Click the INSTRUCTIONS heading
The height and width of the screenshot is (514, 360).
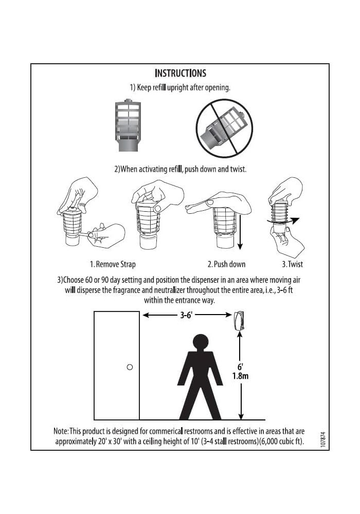pyautogui.click(x=181, y=73)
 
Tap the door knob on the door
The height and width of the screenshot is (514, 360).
pyautogui.click(x=130, y=367)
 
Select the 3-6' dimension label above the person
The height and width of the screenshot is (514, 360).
pyautogui.click(x=186, y=315)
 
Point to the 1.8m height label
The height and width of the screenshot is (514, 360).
pyautogui.click(x=240, y=376)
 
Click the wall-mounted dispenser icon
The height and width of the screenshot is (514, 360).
pyautogui.click(x=239, y=321)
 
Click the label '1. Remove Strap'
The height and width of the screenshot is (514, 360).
pyautogui.click(x=113, y=264)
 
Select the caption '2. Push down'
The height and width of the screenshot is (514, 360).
pyautogui.click(x=226, y=264)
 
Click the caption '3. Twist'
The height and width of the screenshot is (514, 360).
pyautogui.click(x=292, y=264)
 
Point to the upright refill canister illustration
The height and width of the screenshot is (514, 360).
pyautogui.click(x=128, y=125)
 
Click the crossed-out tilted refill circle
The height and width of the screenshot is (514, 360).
pyautogui.click(x=224, y=128)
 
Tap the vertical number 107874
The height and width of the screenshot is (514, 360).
pyautogui.click(x=323, y=439)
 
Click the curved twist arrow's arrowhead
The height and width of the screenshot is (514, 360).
pyautogui.click(x=295, y=220)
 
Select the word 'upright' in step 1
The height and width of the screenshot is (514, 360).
pyautogui.click(x=178, y=88)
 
